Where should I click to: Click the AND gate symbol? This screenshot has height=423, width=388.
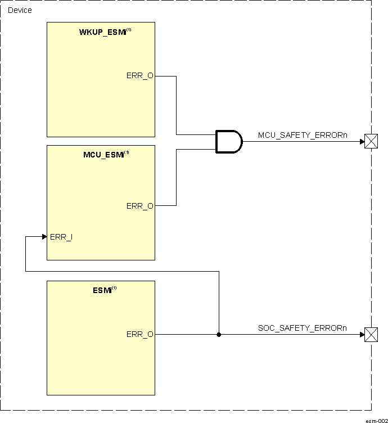click(228, 142)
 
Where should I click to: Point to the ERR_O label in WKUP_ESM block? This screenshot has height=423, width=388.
click(139, 76)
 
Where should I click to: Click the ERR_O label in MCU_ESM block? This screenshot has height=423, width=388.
click(139, 206)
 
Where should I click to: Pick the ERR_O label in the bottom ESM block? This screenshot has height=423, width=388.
click(139, 335)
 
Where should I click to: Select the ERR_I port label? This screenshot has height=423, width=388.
click(61, 237)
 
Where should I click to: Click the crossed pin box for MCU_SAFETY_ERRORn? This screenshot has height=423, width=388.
click(371, 142)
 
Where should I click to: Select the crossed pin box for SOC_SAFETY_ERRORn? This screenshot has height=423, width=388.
click(371, 335)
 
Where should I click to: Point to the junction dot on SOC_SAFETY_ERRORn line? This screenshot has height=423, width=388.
click(219, 335)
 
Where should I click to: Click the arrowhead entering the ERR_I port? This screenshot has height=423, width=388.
click(44, 237)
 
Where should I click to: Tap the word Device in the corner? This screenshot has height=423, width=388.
click(20, 10)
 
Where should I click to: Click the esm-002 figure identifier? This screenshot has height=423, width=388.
click(376, 420)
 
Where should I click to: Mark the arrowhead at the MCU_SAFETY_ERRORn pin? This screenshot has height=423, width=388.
click(362, 142)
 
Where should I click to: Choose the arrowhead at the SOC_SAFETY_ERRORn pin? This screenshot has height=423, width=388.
click(362, 335)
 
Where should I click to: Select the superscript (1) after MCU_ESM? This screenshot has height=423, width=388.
click(127, 153)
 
